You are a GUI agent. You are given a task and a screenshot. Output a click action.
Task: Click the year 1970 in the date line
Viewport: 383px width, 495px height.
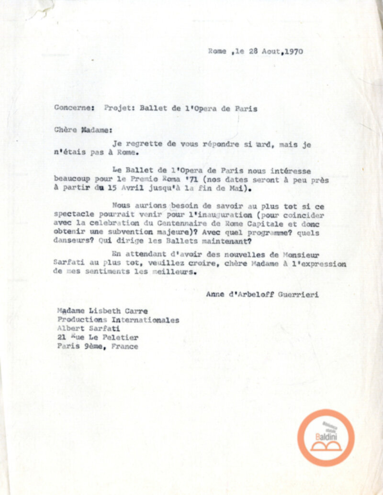pos(293,51)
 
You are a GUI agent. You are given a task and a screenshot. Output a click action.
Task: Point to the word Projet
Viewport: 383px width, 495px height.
pos(120,109)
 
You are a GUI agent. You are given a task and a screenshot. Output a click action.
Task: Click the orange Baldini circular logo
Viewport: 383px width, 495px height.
pos(326,438)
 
